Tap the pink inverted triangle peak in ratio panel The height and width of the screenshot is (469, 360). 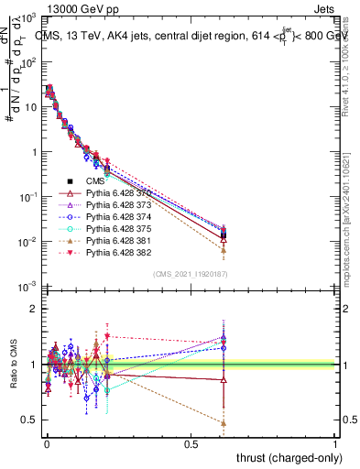point(107,336)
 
